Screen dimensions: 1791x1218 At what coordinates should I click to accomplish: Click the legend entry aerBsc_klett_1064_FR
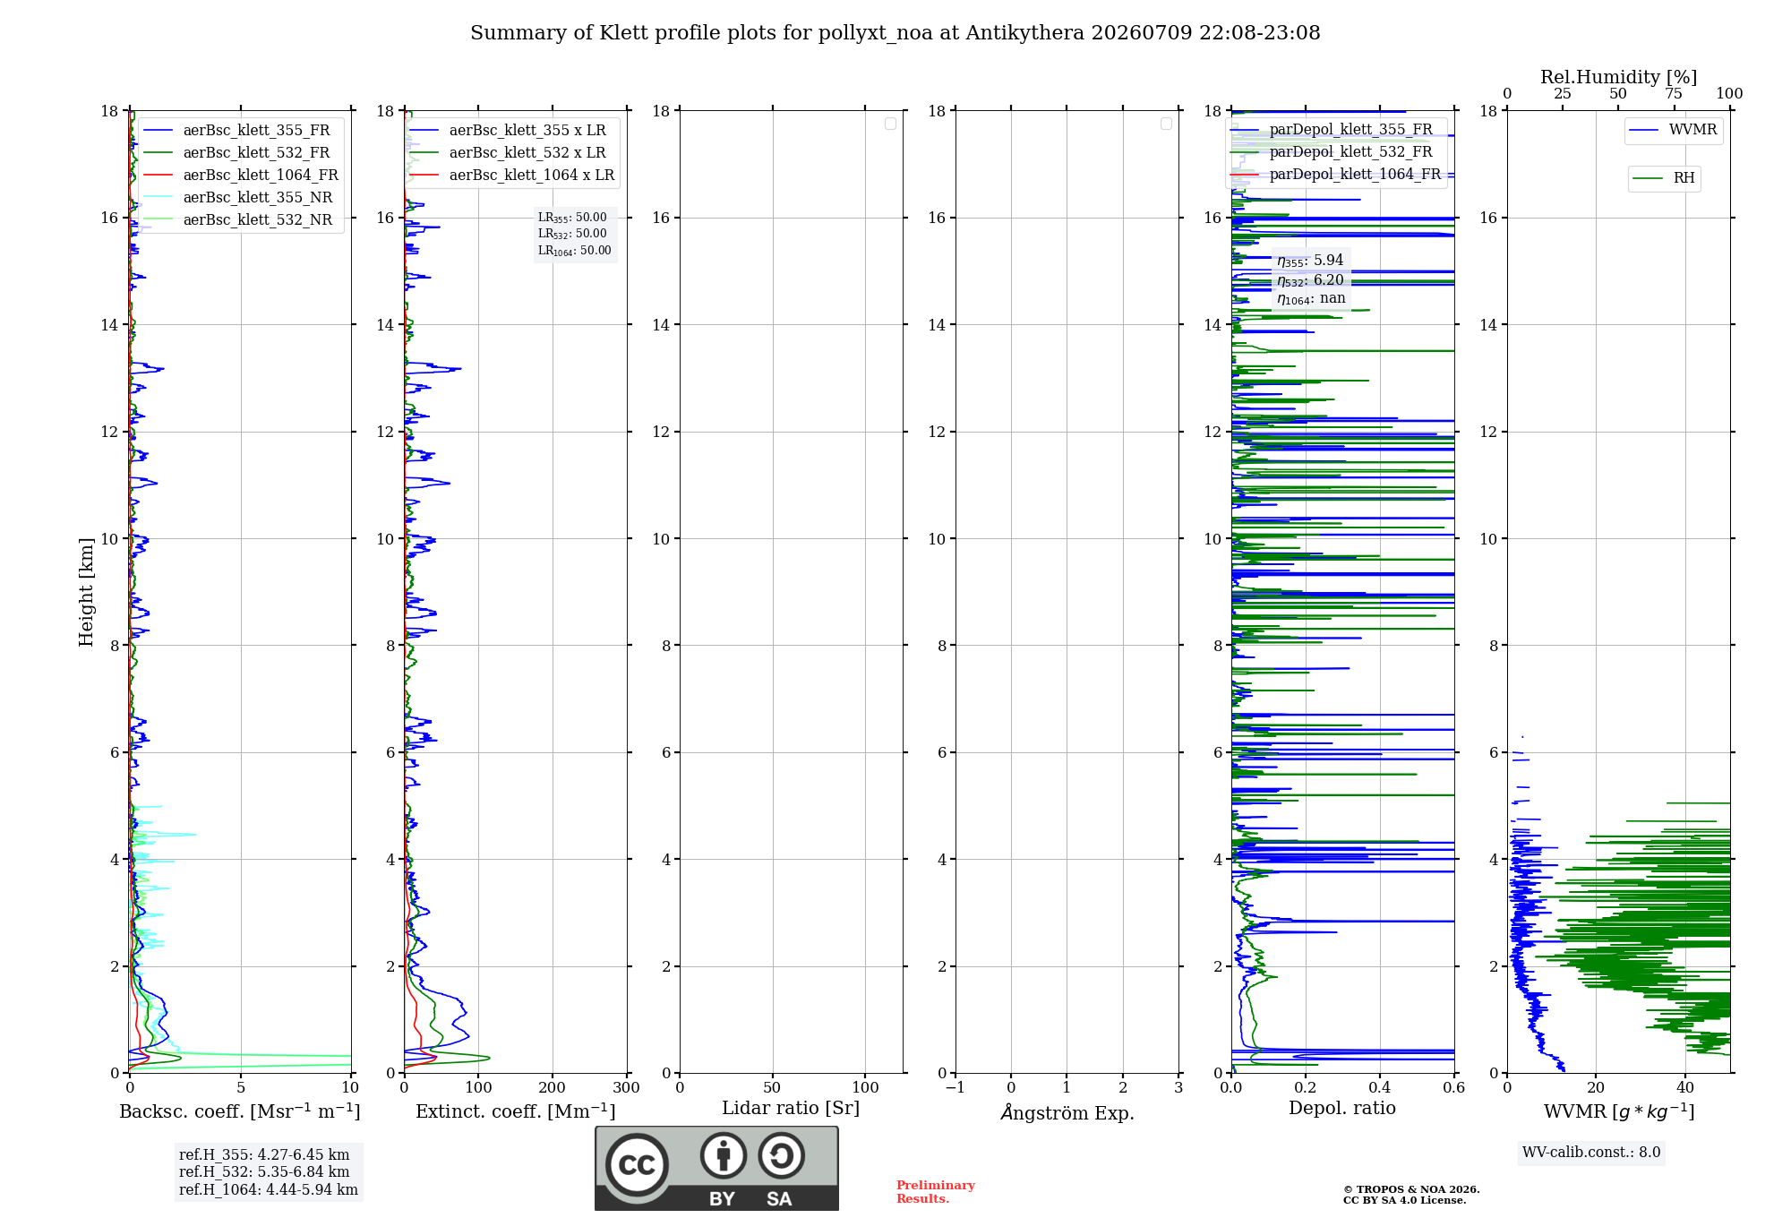coord(241,175)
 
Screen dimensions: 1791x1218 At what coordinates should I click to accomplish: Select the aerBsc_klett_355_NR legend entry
coord(238,197)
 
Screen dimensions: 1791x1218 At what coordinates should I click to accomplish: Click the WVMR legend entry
coord(1674,130)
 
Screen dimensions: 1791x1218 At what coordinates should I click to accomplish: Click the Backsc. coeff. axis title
coord(240,1111)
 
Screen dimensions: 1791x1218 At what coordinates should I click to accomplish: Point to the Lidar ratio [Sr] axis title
coord(791,1109)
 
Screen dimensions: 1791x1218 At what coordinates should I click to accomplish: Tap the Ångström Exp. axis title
coord(1067,1112)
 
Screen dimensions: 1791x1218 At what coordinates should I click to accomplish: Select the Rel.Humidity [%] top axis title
coord(1619,77)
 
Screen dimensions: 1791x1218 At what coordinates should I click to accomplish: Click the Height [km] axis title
coord(86,592)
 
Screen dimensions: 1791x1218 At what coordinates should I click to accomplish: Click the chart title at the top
coord(895,33)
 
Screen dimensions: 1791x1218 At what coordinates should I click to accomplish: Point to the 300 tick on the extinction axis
coord(627,1087)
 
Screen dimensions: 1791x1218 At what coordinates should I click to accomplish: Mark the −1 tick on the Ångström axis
coord(955,1087)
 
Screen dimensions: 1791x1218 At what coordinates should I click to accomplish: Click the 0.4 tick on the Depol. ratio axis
coord(1380,1087)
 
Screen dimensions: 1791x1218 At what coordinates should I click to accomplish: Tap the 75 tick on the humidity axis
coord(1674,94)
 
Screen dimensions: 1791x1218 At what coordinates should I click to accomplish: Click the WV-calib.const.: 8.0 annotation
coord(1591,1153)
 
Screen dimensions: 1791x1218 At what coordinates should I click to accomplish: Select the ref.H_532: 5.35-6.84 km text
coord(264,1172)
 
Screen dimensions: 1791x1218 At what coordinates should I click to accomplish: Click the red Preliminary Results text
coord(936,1192)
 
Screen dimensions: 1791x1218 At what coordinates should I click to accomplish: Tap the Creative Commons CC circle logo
coord(637,1164)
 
